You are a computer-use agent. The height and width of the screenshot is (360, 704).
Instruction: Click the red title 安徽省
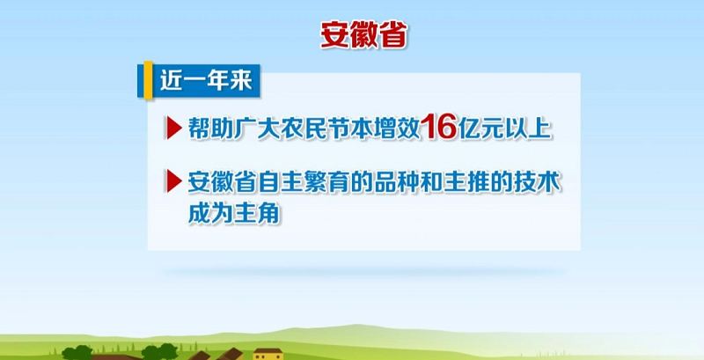coord(363,35)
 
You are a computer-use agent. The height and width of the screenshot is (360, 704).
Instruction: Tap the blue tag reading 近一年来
coord(206,81)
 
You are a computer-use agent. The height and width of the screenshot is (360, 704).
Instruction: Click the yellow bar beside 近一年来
coord(148,80)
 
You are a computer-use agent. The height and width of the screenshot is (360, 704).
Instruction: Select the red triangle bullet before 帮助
coord(173,128)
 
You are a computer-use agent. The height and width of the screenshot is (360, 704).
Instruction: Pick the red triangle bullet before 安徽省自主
coord(173,181)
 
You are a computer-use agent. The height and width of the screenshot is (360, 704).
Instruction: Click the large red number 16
coord(439,126)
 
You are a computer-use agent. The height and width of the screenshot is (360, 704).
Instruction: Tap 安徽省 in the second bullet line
coord(223,182)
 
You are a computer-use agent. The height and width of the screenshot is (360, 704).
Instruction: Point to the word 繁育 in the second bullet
coord(326,182)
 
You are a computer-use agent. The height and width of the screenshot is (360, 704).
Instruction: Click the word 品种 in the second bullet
coord(397,182)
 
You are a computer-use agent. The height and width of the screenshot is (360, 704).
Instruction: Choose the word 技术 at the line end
coord(538,182)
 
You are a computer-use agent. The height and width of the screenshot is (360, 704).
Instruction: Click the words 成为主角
coord(233,214)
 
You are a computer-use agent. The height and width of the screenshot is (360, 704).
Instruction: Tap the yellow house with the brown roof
coord(268,354)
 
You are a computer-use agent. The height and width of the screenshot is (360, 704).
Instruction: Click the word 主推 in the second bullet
coord(467,182)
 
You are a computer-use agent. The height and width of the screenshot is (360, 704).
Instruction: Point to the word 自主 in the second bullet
coord(281,182)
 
